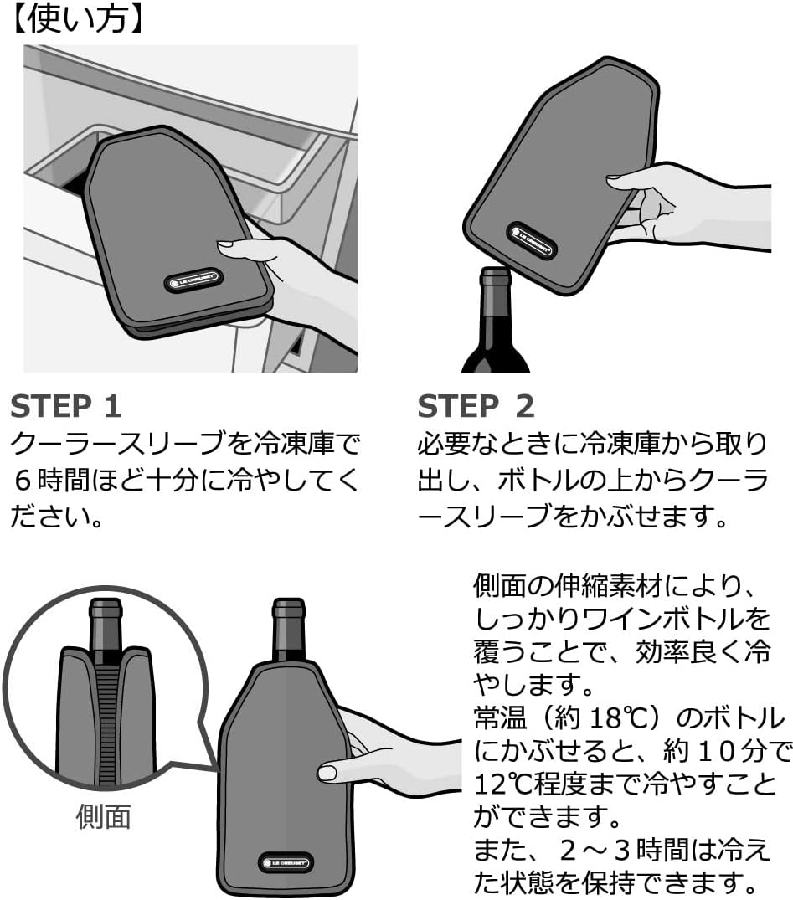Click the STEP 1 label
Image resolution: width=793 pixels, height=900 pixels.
(65, 406)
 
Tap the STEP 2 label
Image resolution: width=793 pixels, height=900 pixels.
(476, 406)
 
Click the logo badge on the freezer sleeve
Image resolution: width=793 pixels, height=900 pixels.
(193, 280)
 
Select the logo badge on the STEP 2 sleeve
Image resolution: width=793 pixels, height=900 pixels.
(532, 240)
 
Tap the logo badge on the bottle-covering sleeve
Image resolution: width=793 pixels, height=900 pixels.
(285, 862)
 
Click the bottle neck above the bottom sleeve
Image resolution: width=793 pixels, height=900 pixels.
(288, 630)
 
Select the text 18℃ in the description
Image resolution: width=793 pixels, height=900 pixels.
(605, 717)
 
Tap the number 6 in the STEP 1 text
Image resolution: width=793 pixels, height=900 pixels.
(23, 481)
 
